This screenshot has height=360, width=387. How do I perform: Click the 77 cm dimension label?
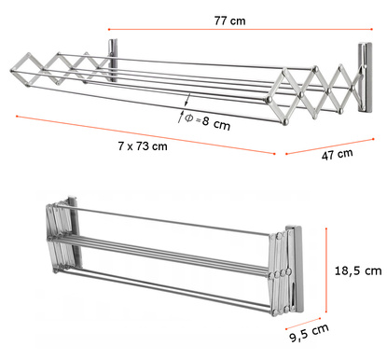tap(229, 21)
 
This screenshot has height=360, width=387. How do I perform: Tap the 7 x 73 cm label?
tap(143, 145)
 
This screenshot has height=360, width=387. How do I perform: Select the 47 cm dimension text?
tap(338, 154)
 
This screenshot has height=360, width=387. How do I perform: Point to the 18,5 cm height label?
tap(358, 270)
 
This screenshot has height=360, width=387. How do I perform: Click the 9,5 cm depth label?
tap(309, 333)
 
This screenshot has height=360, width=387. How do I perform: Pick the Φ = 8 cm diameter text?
tap(208, 122)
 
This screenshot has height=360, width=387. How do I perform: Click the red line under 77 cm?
tap(241, 30)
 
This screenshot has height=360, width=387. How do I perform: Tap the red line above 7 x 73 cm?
tap(145, 135)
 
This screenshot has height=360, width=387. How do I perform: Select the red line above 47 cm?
tap(329, 146)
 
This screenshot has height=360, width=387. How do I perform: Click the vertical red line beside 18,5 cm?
tap(326, 270)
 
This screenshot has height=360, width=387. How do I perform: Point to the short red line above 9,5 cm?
tap(303, 324)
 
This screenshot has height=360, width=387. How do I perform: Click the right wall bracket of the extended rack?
tap(365, 77)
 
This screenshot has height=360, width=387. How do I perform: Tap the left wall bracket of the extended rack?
tap(113, 60)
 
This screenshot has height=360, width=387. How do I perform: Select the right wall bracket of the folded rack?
tap(295, 269)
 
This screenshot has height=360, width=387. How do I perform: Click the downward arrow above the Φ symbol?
tap(187, 100)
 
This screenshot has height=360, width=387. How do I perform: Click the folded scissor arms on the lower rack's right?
tap(281, 273)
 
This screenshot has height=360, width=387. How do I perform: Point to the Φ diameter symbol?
tap(189, 118)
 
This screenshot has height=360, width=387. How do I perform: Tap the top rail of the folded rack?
tap(172, 219)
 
